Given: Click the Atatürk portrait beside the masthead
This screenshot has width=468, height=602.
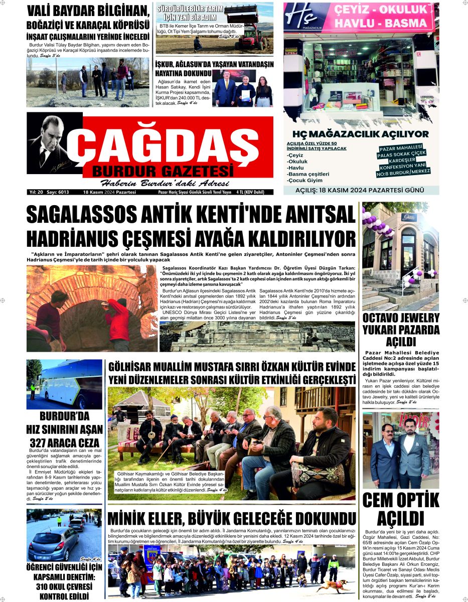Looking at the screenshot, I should tap(51, 143).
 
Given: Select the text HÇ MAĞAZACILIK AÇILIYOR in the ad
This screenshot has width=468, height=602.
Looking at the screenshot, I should tap(361, 134).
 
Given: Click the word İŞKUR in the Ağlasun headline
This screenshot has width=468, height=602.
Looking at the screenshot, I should tap(168, 64).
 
